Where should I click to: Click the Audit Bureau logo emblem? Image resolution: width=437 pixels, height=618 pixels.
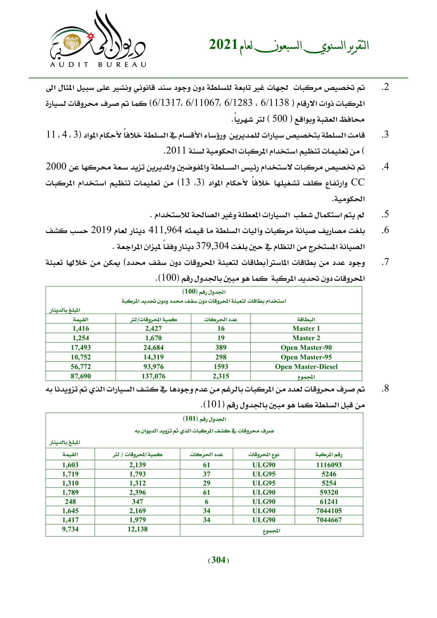[97, 40]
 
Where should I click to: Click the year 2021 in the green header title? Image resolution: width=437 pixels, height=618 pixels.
[223, 45]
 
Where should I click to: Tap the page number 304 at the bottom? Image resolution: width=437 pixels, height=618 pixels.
[218, 560]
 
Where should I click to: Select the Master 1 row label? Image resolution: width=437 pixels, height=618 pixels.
[306, 328]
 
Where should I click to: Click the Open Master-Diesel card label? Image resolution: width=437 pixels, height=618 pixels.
[306, 367]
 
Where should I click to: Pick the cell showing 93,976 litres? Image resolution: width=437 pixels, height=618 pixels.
[154, 367]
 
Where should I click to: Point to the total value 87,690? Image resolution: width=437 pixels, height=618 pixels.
[81, 376]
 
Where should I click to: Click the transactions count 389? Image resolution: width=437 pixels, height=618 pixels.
[221, 347]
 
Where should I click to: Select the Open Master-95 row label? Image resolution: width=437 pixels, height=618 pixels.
[306, 357]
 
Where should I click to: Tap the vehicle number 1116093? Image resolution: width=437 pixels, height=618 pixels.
[329, 465]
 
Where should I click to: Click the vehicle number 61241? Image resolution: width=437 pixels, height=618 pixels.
[329, 501]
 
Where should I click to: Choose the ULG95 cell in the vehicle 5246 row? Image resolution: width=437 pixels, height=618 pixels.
[264, 474]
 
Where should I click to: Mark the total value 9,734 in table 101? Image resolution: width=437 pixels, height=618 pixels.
[70, 529]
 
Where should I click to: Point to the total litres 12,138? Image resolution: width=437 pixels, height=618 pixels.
[137, 529]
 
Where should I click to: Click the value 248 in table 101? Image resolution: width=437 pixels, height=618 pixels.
[70, 501]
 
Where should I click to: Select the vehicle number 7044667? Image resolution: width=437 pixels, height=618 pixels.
[329, 520]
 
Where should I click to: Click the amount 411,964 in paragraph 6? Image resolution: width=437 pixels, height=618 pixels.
[165, 230]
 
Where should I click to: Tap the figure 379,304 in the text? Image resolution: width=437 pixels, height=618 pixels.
[212, 246]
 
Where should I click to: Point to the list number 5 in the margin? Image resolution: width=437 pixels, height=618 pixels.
[386, 214]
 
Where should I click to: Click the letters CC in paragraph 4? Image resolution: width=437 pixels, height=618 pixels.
[358, 183]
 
